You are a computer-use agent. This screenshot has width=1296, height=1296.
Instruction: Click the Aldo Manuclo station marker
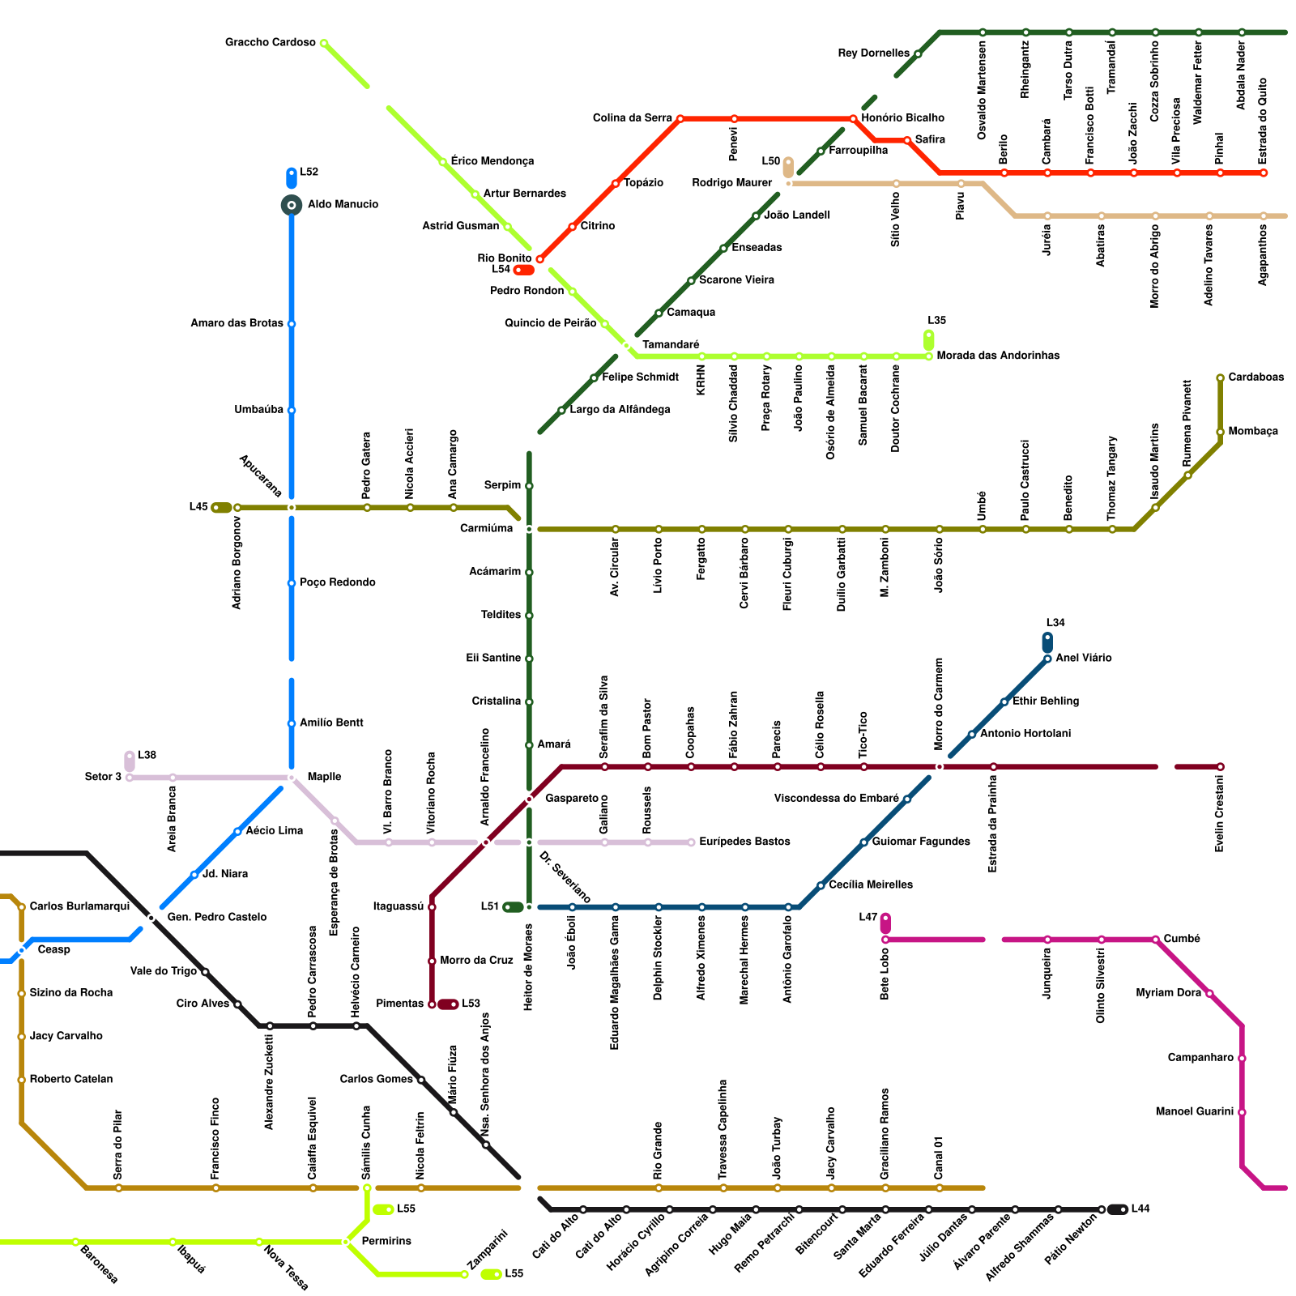coord(292,205)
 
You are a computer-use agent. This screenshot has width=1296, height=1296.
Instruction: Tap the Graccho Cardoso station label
coord(270,42)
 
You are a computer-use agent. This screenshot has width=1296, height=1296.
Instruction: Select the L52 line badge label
coord(309,172)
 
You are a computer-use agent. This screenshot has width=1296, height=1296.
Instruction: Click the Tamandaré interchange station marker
coord(626,346)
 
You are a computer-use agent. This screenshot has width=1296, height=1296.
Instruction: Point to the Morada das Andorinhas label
coord(998,356)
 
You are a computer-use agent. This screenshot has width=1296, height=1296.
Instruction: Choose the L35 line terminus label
coord(936,321)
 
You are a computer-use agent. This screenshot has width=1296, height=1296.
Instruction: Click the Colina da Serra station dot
coord(680,119)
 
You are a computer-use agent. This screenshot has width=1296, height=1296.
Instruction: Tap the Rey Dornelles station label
coord(873,53)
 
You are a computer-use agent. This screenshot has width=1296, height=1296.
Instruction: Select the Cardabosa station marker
coord(1220,378)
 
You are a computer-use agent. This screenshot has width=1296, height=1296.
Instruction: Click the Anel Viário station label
coord(1084,658)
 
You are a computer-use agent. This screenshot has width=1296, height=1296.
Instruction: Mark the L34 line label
coord(1055,623)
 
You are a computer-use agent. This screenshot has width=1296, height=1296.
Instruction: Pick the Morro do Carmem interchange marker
coord(940,766)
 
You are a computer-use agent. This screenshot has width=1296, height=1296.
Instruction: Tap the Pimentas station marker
coord(432,1004)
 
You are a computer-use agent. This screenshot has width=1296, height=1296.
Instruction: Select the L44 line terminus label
coord(1140,1209)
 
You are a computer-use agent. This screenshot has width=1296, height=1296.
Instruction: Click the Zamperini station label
coord(488,1251)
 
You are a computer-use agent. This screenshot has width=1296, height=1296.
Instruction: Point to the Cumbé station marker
coord(1156,940)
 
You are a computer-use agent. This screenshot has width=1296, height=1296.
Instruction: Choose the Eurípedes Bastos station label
coord(744,842)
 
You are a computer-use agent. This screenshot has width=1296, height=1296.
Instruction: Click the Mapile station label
coord(324,777)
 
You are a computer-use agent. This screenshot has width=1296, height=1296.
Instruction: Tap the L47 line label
coord(868,917)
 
